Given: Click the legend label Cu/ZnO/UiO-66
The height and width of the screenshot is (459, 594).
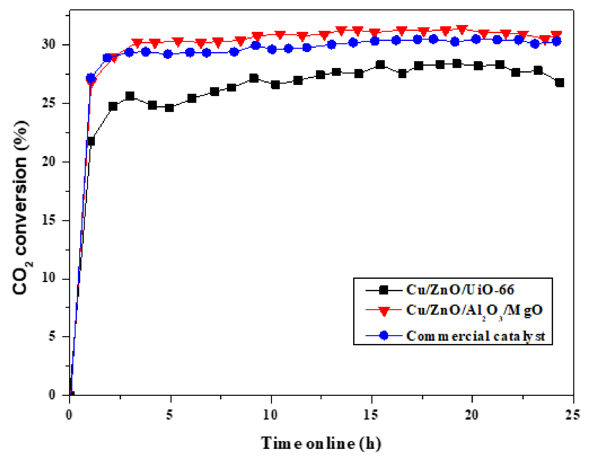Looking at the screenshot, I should point(460,290).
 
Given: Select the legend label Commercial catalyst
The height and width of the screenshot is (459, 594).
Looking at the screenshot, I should point(475,336).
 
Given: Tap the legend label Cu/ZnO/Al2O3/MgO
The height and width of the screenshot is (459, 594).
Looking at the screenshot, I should point(474,310).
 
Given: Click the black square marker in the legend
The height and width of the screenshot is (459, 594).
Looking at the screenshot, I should point(384,290).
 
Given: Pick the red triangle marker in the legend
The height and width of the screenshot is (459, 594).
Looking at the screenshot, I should point(384,311).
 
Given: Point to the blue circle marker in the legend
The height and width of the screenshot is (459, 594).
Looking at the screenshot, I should point(384,335).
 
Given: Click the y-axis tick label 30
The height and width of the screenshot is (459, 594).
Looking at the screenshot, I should point(48,44).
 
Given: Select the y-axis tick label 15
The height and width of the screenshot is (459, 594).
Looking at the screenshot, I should point(48,220).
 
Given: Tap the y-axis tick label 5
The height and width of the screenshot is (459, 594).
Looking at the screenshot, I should point(52,336).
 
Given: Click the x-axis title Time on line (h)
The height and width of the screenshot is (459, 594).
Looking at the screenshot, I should point(321,444).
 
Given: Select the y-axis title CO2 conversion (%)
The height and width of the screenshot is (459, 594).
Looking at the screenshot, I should point(21,208).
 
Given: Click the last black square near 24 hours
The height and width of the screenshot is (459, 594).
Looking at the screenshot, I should point(559,83).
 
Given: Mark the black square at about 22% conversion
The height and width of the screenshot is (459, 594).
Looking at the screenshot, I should point(91,141).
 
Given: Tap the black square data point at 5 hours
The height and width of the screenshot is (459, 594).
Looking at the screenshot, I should point(169,108).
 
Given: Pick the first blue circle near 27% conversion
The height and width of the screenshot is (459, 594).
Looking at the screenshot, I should point(91,78).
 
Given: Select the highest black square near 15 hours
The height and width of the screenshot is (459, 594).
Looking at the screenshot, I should point(380,64).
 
